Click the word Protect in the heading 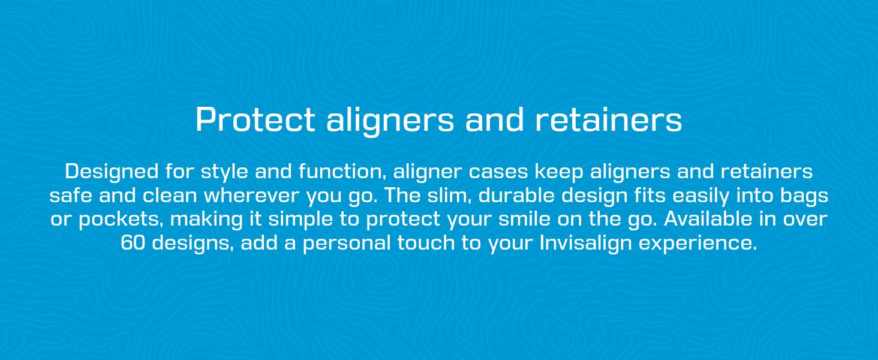coord(255,119)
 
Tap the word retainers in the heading coord(609,119)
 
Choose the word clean coord(169,195)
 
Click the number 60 coord(133,243)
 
